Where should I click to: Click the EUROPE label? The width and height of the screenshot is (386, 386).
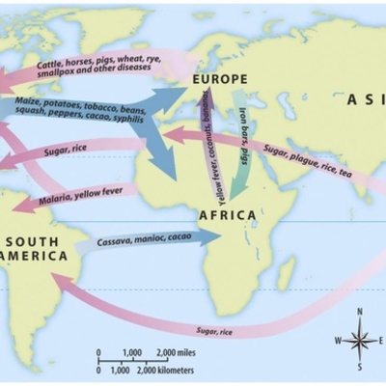pyautogui.click(x=220, y=79)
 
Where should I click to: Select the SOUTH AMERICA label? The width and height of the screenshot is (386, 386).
pyautogui.click(x=35, y=248)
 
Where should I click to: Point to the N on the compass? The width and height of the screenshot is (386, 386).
pyautogui.click(x=359, y=312)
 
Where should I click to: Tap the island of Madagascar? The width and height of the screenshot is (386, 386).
pyautogui.click(x=286, y=273)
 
